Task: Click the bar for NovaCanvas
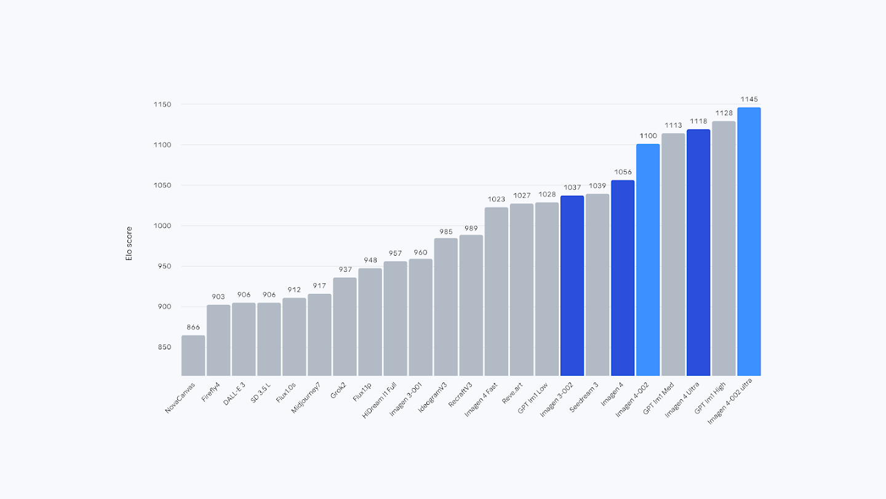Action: (x=193, y=355)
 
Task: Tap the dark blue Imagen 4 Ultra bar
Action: (x=698, y=253)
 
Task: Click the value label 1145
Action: (x=749, y=99)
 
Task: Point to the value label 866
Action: (x=193, y=327)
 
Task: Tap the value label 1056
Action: (x=623, y=172)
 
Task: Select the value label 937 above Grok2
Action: (x=345, y=270)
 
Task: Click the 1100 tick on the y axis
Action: (x=162, y=145)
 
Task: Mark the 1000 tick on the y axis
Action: (x=162, y=226)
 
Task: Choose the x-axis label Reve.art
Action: (x=512, y=392)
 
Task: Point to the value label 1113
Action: (x=673, y=126)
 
